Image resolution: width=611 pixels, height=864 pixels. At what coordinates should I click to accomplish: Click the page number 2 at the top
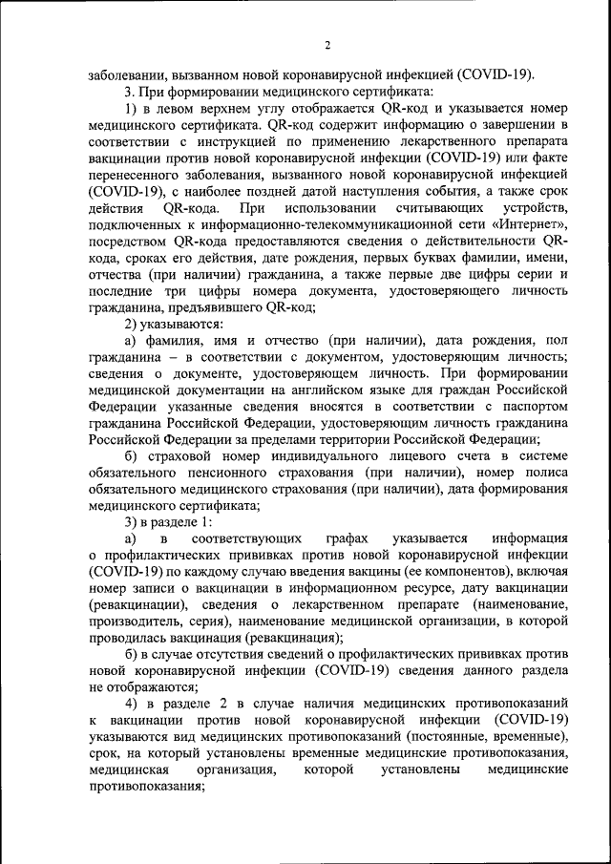(x=327, y=45)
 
